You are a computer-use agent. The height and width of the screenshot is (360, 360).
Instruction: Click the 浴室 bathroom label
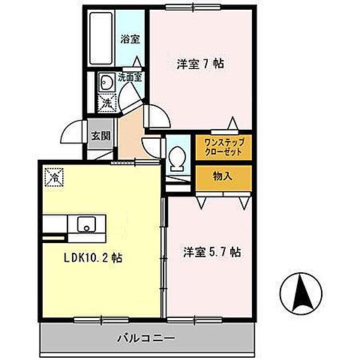[x=130, y=40]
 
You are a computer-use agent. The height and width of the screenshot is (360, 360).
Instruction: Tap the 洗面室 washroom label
[x=130, y=76]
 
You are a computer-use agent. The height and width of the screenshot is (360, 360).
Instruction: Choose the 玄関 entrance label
[x=98, y=137]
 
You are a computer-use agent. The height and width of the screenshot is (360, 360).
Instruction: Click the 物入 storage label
[x=222, y=176]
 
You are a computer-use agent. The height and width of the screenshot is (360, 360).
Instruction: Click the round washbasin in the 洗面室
[x=106, y=82]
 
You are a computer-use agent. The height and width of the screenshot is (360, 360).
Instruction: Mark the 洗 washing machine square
[x=106, y=103]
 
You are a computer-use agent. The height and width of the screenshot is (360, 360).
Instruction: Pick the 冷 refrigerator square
[x=54, y=178]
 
